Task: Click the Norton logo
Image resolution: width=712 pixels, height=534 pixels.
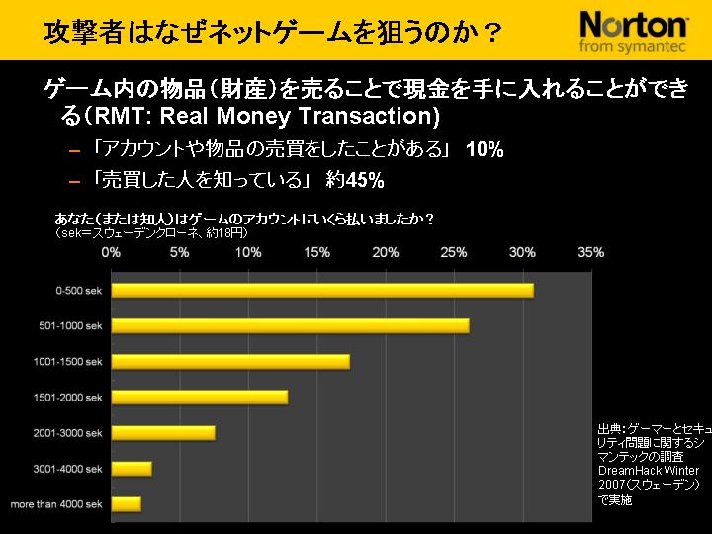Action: click(633, 23)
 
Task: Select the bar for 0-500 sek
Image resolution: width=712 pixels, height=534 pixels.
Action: click(322, 290)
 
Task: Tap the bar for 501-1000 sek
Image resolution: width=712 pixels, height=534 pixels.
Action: click(291, 325)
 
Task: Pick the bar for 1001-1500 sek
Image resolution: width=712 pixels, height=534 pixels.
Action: click(230, 361)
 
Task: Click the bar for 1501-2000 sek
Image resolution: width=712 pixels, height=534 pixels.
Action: click(200, 397)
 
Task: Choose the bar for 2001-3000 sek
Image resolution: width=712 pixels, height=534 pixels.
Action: click(163, 432)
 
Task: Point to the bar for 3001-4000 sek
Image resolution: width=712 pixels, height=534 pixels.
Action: click(132, 468)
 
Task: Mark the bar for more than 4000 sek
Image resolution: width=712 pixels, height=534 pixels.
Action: click(127, 504)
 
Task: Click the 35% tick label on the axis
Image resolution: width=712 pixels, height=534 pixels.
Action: click(590, 253)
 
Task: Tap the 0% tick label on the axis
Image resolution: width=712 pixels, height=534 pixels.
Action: click(112, 253)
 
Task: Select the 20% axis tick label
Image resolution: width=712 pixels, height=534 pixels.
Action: click(385, 253)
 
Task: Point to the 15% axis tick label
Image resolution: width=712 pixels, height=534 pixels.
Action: click(316, 253)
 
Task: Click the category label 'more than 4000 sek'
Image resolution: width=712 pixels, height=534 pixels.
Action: click(56, 504)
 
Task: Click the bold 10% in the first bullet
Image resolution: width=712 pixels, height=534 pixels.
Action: click(485, 150)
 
